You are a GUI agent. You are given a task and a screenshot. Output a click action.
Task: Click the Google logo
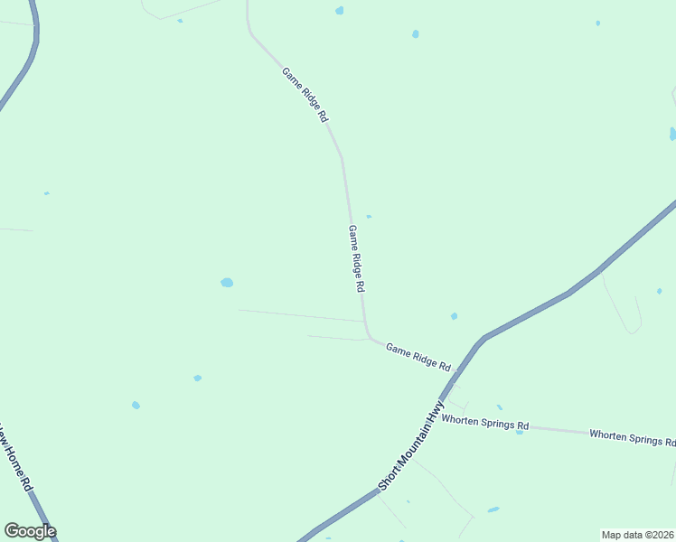tap(30, 531)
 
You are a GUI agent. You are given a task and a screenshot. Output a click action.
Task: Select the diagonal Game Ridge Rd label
tap(305, 95)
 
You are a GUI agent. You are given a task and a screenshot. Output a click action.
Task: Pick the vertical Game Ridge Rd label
tap(357, 258)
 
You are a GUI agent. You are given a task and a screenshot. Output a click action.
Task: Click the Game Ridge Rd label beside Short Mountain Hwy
tap(418, 356)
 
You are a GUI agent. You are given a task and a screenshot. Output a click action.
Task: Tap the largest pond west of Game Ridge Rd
tap(227, 283)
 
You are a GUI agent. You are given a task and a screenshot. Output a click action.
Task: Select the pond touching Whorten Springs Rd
tap(520, 432)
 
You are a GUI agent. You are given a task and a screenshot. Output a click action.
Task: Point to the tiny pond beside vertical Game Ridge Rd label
tap(369, 217)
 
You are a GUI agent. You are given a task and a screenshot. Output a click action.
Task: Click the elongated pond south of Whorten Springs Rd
tap(493, 509)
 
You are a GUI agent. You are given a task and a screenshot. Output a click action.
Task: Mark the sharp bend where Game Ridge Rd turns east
tap(369, 336)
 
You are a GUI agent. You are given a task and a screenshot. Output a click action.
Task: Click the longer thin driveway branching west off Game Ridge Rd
tap(301, 315)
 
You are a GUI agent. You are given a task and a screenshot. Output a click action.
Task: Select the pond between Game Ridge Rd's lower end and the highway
tap(454, 316)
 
